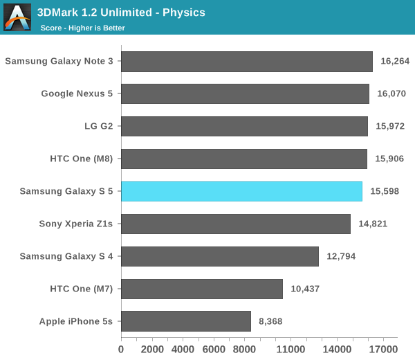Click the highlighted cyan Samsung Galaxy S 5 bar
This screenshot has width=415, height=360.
tap(241, 191)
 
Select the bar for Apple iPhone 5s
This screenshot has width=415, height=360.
tap(186, 321)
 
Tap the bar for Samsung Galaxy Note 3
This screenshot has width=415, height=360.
tap(247, 61)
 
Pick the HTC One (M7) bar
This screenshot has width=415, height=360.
tap(202, 289)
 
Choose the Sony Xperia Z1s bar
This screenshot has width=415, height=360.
tap(236, 224)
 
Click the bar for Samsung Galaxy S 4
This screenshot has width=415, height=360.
tap(220, 256)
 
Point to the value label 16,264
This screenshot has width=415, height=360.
tap(396, 61)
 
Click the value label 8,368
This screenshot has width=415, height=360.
tap(270, 321)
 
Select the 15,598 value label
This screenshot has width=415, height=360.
tap(385, 191)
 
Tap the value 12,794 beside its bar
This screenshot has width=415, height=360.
tap(341, 256)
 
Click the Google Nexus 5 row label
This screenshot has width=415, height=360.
tap(77, 93)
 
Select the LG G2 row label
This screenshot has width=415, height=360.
tap(98, 126)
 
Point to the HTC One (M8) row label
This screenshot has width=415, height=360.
tap(82, 159)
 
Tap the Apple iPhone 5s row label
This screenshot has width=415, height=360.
tap(77, 321)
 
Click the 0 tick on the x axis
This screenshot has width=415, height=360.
tap(122, 349)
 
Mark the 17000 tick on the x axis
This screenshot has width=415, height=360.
tap(383, 349)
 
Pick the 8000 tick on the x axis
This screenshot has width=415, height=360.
tap(244, 349)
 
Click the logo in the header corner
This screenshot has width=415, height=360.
tap(17, 17)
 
